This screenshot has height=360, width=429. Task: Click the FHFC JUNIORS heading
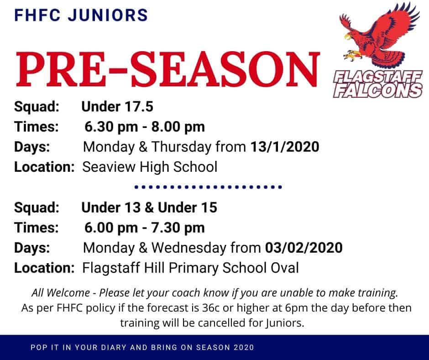tap(81, 15)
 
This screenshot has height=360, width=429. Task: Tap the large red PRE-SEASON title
tap(167, 69)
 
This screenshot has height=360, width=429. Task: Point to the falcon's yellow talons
tap(352, 55)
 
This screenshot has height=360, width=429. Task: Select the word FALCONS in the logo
tap(378, 90)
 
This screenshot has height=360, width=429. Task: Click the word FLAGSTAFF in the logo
tap(378, 77)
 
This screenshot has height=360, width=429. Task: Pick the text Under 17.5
tap(117, 106)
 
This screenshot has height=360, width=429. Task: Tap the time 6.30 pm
tap(111, 127)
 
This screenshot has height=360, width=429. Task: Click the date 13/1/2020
tap(285, 147)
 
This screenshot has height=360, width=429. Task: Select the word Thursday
tap(181, 147)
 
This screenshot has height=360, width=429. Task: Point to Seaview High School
tap(150, 167)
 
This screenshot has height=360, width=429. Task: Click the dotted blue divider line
tap(208, 187)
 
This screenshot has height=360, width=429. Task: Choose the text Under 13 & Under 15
tap(149, 207)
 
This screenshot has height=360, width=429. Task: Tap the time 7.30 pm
tap(178, 228)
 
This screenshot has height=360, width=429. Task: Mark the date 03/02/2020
tap(303, 248)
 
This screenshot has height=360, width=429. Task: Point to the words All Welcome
tap(61, 293)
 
